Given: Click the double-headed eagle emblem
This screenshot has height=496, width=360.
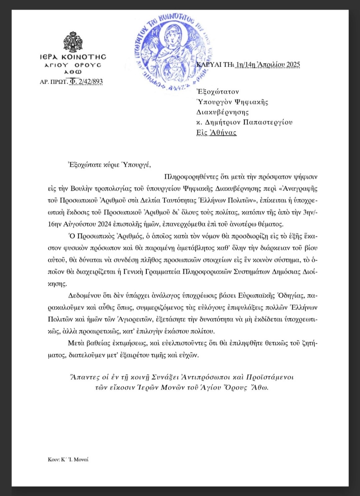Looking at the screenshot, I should pyautogui.click(x=73, y=42).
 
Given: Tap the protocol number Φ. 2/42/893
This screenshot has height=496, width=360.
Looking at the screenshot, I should pyautogui.click(x=86, y=81).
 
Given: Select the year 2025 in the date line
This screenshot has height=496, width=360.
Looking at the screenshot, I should pyautogui.click(x=293, y=64).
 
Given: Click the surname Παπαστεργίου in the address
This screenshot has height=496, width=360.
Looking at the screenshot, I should pyautogui.click(x=268, y=122).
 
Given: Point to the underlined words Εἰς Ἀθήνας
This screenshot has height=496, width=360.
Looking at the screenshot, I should pyautogui.click(x=216, y=133).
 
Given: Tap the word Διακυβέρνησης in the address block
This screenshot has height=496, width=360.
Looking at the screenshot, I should pyautogui.click(x=223, y=112).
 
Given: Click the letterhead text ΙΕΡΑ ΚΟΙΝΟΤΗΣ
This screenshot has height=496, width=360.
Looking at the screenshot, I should pyautogui.click(x=73, y=57).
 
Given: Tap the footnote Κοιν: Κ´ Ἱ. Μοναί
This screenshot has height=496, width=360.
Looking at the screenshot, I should pyautogui.click(x=68, y=459).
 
